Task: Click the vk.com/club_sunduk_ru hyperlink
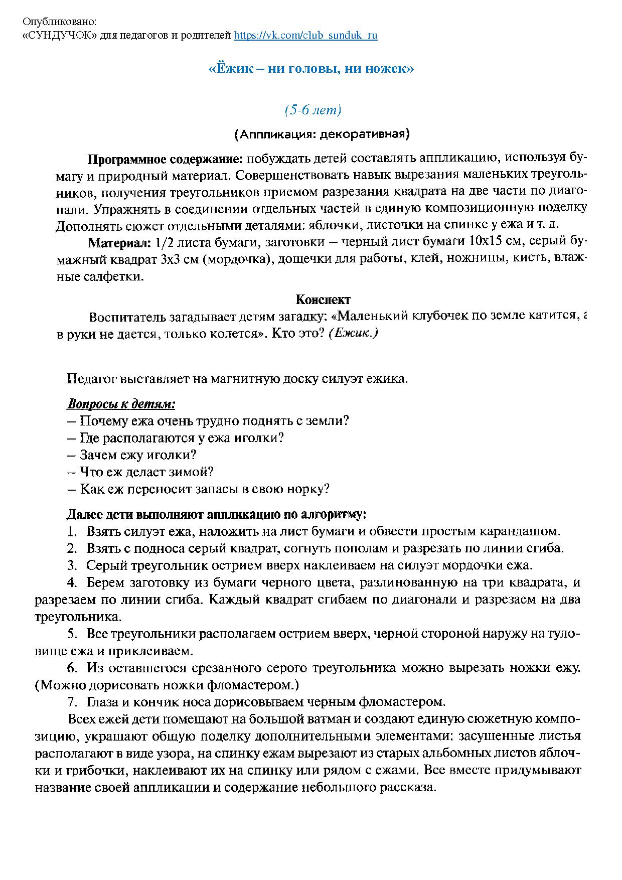pyautogui.click(x=305, y=36)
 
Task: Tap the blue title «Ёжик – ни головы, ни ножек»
pyautogui.click(x=311, y=69)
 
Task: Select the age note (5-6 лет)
pyautogui.click(x=313, y=110)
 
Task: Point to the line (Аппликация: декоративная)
pyautogui.click(x=322, y=134)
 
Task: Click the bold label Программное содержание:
pyautogui.click(x=165, y=160)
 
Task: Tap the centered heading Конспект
pyautogui.click(x=323, y=300)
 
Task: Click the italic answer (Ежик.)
pyautogui.click(x=353, y=334)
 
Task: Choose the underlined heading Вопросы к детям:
pyautogui.click(x=121, y=404)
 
